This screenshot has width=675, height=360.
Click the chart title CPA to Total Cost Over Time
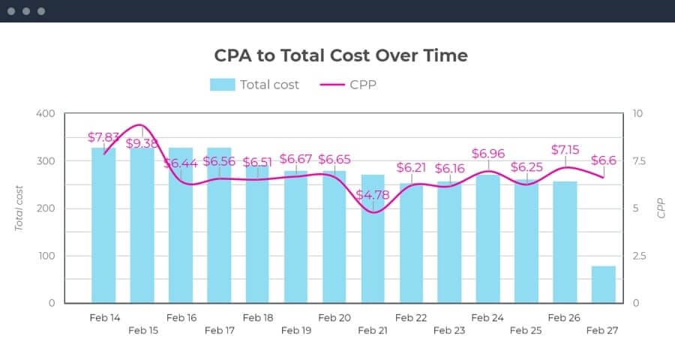(340, 55)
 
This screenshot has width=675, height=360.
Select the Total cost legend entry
(255, 85)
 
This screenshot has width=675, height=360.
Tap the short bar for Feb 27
(603, 284)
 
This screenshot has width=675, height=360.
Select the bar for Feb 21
(373, 255)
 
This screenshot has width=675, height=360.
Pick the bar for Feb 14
(103, 225)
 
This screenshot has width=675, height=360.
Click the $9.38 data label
(142, 143)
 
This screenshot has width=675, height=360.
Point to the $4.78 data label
(373, 195)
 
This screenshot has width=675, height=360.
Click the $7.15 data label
(565, 150)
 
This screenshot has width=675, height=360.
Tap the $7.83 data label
(103, 137)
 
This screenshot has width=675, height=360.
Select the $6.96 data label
(488, 154)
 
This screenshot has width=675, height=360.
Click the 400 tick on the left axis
(46, 114)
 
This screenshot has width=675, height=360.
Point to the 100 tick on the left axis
(46, 256)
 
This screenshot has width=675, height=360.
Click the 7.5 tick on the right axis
(639, 161)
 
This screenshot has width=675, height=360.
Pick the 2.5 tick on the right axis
(639, 256)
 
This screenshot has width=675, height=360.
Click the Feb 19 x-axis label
(295, 330)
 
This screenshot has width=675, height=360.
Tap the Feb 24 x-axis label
(487, 318)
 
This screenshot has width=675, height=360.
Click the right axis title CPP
(661, 208)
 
